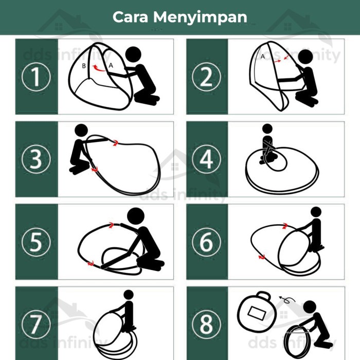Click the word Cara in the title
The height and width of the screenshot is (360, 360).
132,17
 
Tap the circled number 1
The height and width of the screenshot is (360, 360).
36,77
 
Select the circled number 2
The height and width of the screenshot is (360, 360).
206,77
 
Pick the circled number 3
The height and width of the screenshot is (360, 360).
36,160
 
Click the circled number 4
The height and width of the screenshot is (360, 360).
206,160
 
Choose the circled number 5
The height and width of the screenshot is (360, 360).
36,242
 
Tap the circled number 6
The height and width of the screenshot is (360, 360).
206,242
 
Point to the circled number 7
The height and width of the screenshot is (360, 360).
36,325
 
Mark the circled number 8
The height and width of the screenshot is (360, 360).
206,325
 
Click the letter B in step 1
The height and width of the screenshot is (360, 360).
84,66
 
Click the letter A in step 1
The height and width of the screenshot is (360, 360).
110,65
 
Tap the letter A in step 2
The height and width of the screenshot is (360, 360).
262,57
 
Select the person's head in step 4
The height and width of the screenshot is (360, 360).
267,129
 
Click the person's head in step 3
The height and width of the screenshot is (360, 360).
81,131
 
